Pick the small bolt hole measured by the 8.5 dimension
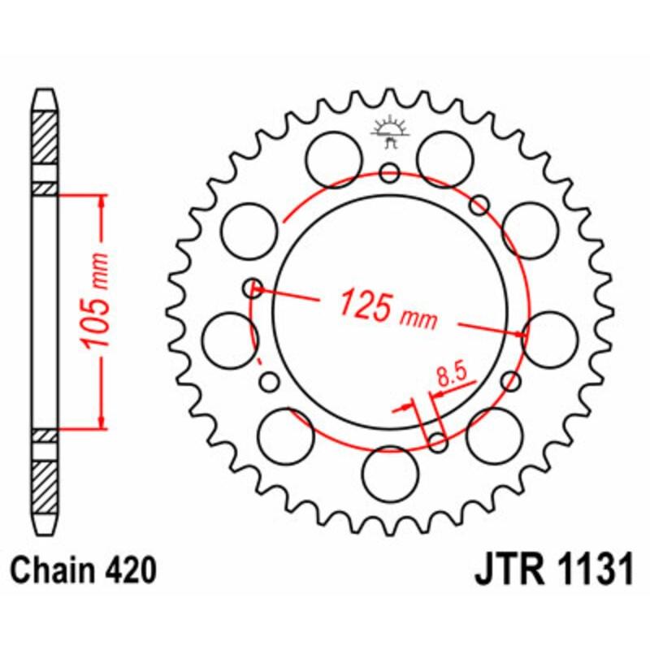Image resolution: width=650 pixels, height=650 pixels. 437,442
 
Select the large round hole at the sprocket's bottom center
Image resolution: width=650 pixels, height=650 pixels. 389,473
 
